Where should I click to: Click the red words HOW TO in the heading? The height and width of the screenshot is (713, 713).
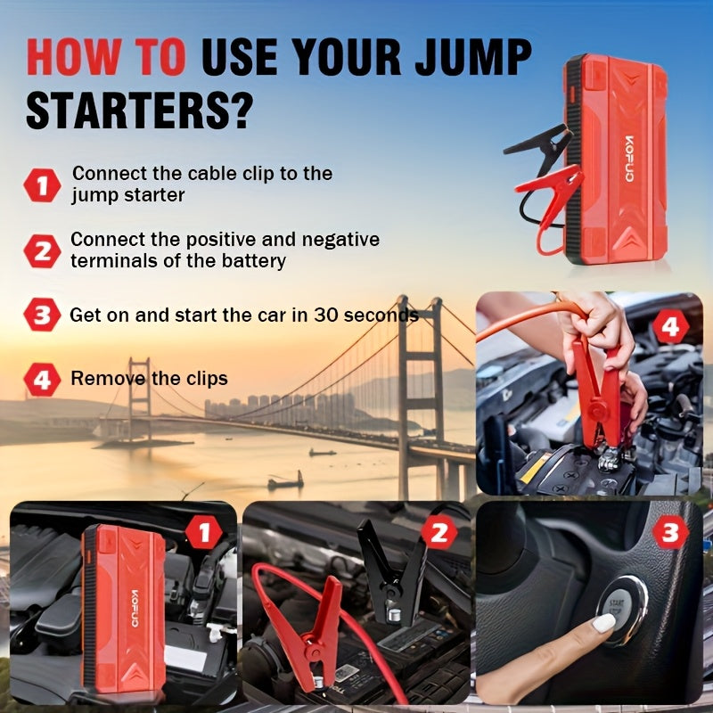pyautogui.click(x=105, y=58)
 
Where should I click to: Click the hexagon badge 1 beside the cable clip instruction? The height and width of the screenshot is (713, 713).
pyautogui.click(x=41, y=185)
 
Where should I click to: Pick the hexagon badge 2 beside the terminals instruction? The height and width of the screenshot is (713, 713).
pyautogui.click(x=41, y=250)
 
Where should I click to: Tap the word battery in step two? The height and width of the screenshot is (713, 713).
pyautogui.click(x=254, y=260)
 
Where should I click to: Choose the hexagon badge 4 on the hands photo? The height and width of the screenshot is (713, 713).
pyautogui.click(x=670, y=326)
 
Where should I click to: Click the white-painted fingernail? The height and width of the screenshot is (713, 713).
pyautogui.click(x=604, y=623)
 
